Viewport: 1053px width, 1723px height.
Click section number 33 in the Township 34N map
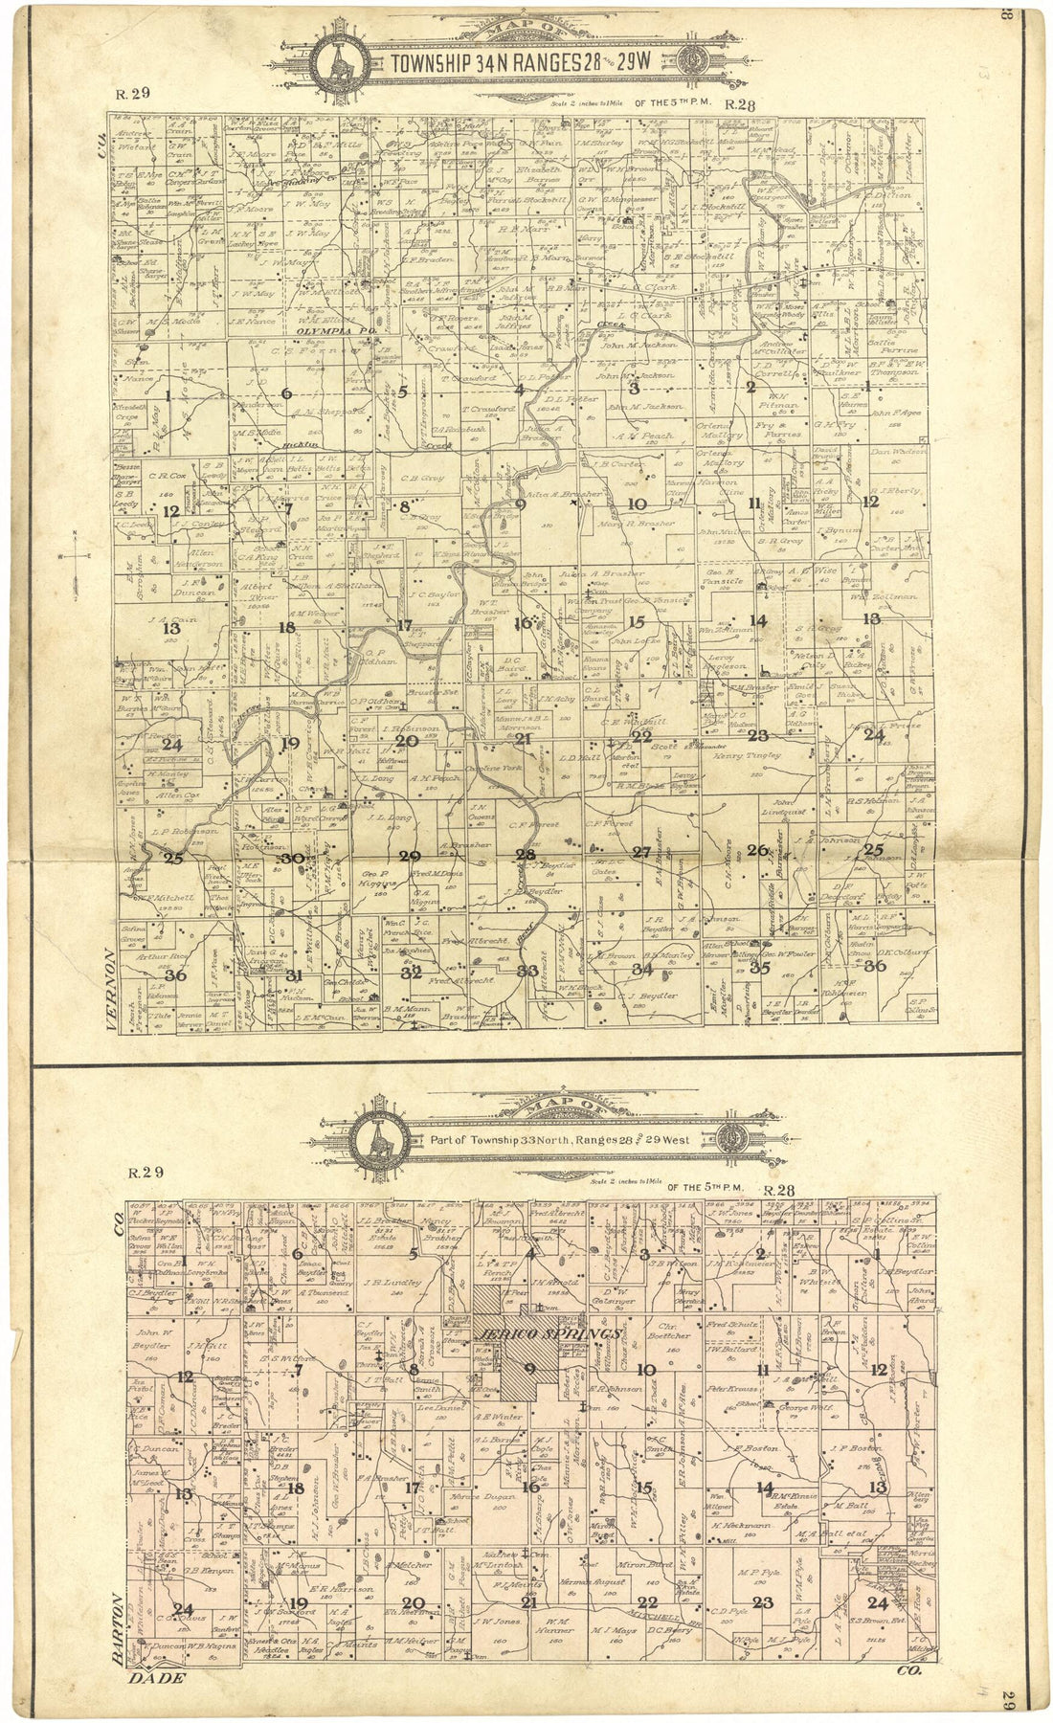526,971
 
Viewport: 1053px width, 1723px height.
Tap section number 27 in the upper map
641,852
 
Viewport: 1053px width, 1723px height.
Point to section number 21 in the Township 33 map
527,1601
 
